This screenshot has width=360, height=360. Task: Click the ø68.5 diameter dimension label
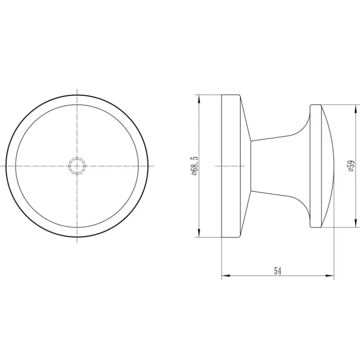tap(194, 166)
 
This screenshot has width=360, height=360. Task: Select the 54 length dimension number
tap(278, 271)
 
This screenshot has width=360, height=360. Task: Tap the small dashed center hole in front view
tap(77, 166)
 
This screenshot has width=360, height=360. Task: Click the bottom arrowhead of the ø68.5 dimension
tap(199, 233)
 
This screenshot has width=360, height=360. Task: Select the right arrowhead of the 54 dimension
tap(329, 276)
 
